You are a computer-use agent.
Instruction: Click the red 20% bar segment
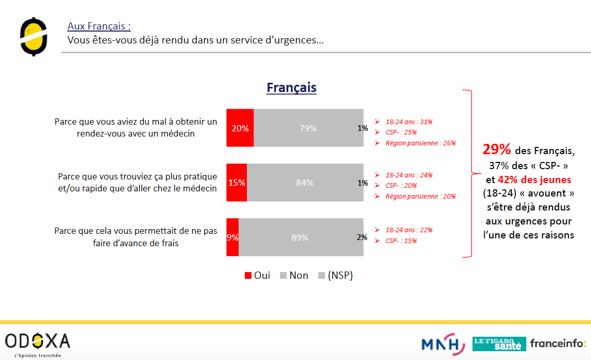(240, 128)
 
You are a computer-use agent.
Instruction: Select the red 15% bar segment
(237, 182)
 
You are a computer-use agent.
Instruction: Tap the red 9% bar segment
(232, 237)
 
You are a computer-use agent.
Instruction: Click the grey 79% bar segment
(308, 128)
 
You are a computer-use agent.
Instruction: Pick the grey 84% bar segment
(304, 182)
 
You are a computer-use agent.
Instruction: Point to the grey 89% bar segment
(300, 237)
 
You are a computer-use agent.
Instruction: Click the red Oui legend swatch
(248, 276)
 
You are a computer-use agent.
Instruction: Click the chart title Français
(291, 88)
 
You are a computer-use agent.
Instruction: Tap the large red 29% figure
(496, 150)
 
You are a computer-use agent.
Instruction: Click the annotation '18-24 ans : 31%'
(409, 122)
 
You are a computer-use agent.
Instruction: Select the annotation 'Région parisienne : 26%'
(420, 143)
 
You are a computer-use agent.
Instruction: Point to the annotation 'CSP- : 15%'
(401, 241)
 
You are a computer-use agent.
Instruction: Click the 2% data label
(362, 237)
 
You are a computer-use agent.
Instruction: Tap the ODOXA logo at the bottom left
(38, 341)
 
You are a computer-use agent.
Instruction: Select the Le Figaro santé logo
(498, 343)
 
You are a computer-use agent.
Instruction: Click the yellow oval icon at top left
(34, 36)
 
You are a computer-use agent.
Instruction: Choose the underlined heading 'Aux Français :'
(99, 26)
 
